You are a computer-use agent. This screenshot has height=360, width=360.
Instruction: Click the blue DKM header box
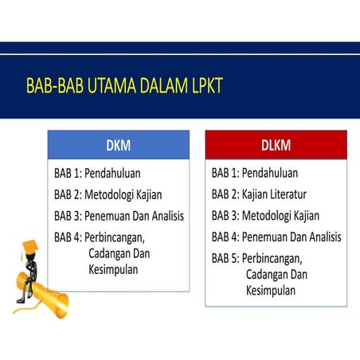118,145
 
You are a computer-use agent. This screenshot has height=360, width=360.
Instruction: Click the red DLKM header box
276,145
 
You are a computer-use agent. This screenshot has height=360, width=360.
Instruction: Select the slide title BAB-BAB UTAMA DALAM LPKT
124,86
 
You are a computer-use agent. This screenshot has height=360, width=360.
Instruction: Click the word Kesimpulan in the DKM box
113,269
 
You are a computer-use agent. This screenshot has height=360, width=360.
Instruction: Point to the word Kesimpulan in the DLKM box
271,291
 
